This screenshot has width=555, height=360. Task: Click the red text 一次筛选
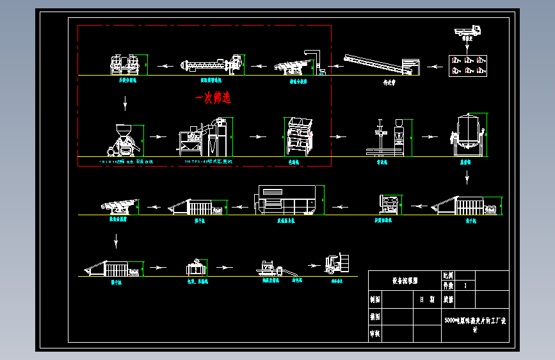coord(213,98)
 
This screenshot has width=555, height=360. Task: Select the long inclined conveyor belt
coord(380,65)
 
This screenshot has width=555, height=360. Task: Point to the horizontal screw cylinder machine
coord(212,64)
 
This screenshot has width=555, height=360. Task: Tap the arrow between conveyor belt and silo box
coord(432,65)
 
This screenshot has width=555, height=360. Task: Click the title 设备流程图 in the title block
coord(404,281)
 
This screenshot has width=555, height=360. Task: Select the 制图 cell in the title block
coord(375,299)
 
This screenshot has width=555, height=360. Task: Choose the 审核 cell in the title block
coord(375,334)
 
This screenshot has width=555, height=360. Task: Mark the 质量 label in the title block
coord(449,299)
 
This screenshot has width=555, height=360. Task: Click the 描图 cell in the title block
coord(375,316)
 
